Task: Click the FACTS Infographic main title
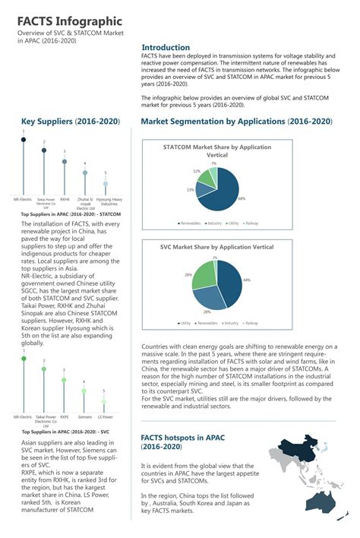pyautogui.click(x=66, y=21)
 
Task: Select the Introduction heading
pyautogui.click(x=166, y=47)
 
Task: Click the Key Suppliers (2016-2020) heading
pyautogui.click(x=70, y=122)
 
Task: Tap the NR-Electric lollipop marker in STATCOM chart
pyautogui.click(x=23, y=140)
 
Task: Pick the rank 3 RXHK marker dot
pyautogui.click(x=64, y=162)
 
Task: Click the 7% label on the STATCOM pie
pyautogui.click(x=213, y=163)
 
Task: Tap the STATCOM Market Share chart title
pyautogui.click(x=207, y=150)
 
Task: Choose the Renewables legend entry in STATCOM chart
pyautogui.click(x=191, y=223)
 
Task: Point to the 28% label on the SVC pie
pyautogui.click(x=206, y=312)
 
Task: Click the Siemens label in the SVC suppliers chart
pyautogui.click(x=85, y=417)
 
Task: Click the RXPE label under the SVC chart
pyautogui.click(x=65, y=417)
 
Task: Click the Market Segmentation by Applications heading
pyautogui.click(x=237, y=122)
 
